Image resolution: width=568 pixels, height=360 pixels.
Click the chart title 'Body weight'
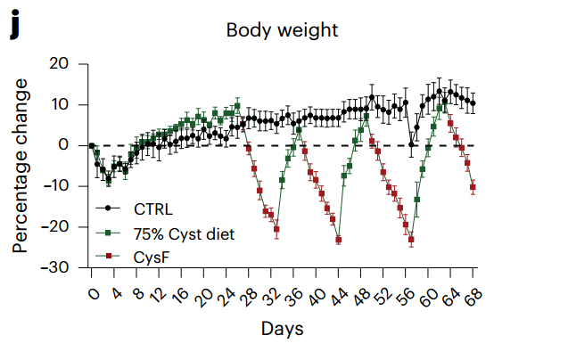coord(282,30)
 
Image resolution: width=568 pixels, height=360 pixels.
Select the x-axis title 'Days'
coord(282,329)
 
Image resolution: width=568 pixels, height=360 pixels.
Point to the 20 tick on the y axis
coord(59,64)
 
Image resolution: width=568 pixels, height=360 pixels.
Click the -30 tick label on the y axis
coord(55,267)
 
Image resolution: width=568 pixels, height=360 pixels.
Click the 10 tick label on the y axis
coord(61,104)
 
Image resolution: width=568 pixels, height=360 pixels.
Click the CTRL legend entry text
coord(153,209)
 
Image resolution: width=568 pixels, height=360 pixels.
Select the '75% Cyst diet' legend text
coord(185,234)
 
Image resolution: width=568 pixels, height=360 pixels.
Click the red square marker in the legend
coord(109,258)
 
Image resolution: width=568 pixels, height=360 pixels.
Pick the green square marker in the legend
coord(109,234)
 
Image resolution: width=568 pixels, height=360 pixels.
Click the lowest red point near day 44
coord(339,240)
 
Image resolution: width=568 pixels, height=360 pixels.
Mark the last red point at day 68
coord(473,187)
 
